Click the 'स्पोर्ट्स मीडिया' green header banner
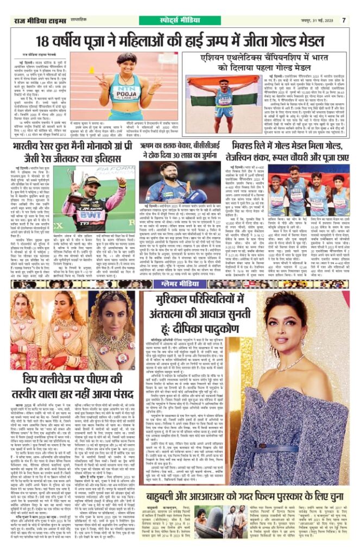tap(180, 20)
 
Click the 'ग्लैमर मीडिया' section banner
tap(180, 284)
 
